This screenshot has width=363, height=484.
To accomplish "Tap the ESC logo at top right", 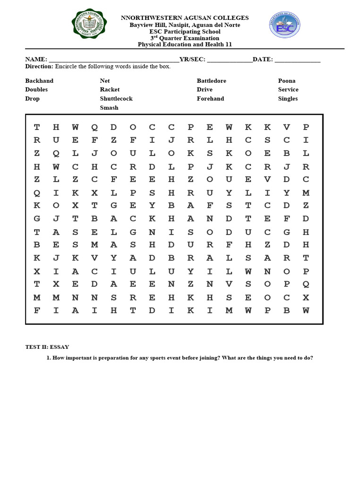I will click(x=285, y=26).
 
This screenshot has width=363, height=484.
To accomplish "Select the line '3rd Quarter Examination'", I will click(x=185, y=38).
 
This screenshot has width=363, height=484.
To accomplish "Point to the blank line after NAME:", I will click(x=113, y=60).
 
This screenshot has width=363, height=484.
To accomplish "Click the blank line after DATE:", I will click(x=297, y=60).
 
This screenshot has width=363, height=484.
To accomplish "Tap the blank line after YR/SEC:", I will click(x=230, y=60).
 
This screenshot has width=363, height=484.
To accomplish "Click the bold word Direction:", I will click(x=39, y=67).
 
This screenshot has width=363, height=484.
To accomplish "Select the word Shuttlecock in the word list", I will click(x=116, y=98).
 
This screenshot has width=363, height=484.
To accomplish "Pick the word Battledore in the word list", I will click(x=211, y=81).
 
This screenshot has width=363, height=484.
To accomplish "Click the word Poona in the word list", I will click(x=286, y=81).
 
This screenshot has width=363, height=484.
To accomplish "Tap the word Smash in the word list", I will click(x=109, y=107).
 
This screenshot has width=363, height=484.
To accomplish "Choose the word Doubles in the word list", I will click(x=36, y=89).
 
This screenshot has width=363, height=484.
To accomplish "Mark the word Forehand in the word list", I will click(x=210, y=98).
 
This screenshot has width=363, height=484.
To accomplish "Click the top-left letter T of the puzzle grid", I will click(x=37, y=127).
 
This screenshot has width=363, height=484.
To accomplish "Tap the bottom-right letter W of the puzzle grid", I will click(x=306, y=311).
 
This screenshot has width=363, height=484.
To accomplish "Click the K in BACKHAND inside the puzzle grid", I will click(x=152, y=219).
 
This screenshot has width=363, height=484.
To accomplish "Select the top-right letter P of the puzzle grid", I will click(x=306, y=127).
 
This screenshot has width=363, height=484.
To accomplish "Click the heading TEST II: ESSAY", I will click(x=47, y=347).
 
